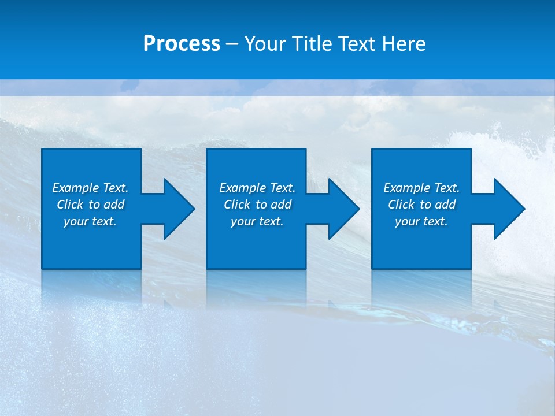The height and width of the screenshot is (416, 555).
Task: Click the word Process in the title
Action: [182, 44]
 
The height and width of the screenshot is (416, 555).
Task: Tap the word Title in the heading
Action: [312, 44]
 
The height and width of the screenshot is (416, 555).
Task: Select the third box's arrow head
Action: [508, 209]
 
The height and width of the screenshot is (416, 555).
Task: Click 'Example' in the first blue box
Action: [76, 188]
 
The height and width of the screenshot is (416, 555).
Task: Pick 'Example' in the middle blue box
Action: [243, 188]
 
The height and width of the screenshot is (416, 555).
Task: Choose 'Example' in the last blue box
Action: [407, 188]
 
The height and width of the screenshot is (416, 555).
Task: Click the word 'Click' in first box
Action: [70, 205]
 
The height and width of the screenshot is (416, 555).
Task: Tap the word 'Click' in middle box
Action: [237, 205]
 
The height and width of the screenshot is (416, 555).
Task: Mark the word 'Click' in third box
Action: [401, 205]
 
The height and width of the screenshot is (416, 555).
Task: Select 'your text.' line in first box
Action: [90, 221]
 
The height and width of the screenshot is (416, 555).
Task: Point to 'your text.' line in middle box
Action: [257, 221]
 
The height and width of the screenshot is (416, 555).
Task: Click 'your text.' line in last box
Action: [421, 221]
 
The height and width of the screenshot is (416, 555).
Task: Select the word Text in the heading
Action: [355, 44]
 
